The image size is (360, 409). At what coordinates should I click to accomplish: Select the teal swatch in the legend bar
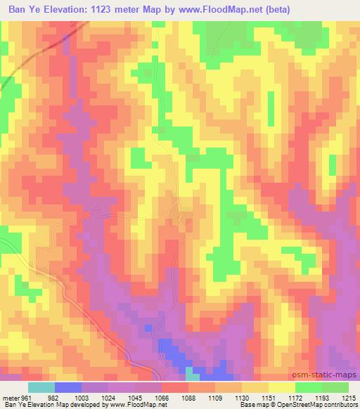click(x=41, y=387)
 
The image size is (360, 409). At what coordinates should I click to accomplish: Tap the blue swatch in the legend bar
click(x=68, y=387)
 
